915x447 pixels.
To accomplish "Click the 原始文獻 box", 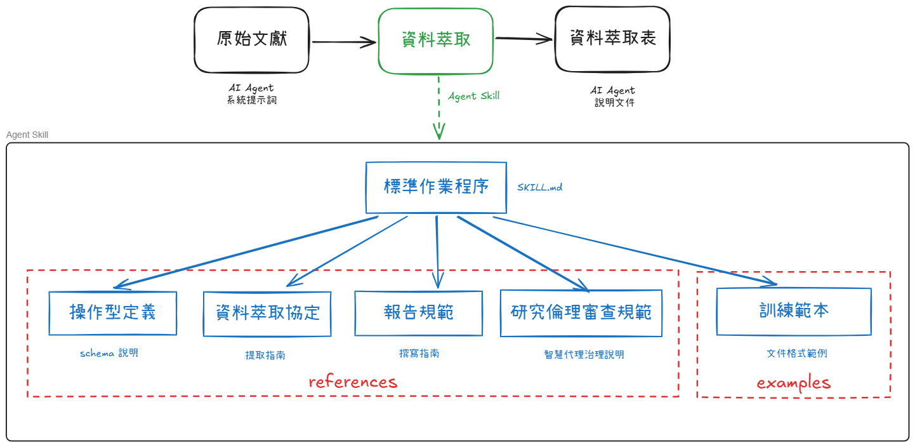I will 251,40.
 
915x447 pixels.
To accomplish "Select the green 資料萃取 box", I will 435,41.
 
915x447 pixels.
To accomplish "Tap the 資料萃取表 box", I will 612,39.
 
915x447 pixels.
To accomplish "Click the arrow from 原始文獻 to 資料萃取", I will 343,43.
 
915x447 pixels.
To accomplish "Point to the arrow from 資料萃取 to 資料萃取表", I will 523,39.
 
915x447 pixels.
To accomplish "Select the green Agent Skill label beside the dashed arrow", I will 473,96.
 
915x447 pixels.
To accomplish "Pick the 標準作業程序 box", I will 436,187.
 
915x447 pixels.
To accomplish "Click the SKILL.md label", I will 539,187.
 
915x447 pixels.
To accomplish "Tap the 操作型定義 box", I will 112,313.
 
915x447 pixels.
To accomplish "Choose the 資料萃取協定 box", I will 267,314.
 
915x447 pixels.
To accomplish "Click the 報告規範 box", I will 418,313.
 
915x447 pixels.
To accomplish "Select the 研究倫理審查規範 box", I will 581,313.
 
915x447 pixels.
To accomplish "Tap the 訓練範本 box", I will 793,311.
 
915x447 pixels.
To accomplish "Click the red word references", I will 353,382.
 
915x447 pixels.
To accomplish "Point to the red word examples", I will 793,382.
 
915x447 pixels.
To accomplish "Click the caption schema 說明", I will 109,353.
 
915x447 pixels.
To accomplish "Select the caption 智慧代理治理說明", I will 584,354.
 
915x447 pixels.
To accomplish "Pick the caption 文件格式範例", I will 796,353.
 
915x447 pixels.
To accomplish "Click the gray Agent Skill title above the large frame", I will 27,135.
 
